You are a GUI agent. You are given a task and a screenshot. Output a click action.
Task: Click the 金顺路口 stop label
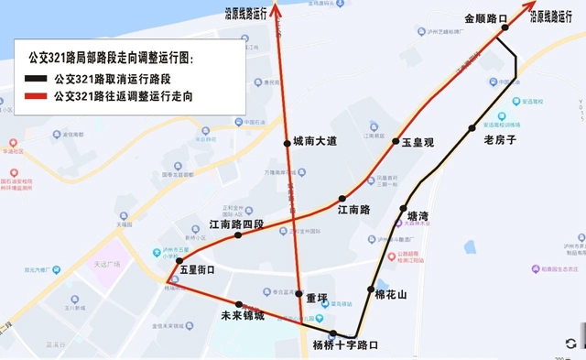click(x=485, y=17)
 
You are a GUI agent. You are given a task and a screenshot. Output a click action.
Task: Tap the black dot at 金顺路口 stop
click(x=504, y=29)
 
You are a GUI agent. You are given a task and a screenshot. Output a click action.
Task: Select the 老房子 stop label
click(x=500, y=140)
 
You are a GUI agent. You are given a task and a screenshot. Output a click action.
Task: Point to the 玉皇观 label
click(x=417, y=143)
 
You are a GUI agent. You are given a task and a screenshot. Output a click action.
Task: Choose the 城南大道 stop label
click(x=315, y=141)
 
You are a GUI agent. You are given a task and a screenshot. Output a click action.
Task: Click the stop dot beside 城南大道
click(x=286, y=142)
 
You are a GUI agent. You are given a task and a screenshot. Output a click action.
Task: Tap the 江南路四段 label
click(x=236, y=224)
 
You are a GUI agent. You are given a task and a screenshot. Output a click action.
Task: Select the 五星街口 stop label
click(x=197, y=269)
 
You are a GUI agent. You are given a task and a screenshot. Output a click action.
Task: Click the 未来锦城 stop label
click(x=243, y=316)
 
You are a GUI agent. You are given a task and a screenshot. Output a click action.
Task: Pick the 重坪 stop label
click(x=317, y=298)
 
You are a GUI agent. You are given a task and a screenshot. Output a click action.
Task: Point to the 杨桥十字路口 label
click(x=345, y=345)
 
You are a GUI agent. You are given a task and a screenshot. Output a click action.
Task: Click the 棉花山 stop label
click(x=391, y=295)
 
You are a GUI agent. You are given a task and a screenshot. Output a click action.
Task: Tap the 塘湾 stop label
click(x=418, y=216)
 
